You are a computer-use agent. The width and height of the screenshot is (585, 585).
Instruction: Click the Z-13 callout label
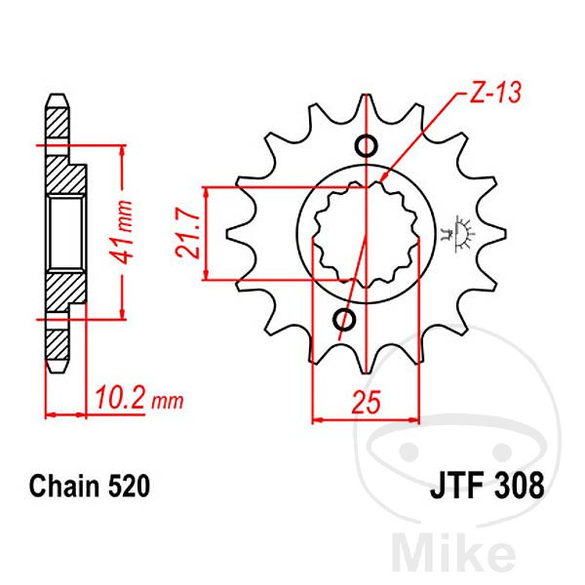pyautogui.click(x=494, y=92)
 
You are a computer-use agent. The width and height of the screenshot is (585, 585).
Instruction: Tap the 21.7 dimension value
pyautogui.click(x=189, y=234)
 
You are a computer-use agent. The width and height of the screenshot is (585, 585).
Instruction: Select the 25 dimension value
pyautogui.click(x=367, y=402)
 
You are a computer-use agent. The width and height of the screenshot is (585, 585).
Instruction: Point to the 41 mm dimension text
pyautogui.click(x=123, y=232)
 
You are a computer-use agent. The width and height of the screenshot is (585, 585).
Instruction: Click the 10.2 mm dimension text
pyautogui.click(x=139, y=399)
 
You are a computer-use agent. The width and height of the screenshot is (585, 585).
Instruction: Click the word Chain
pyautogui.click(x=65, y=487)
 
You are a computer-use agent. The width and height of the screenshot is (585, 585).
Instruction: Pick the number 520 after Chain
pyautogui.click(x=130, y=487)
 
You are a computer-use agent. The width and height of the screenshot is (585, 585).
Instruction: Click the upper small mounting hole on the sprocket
pyautogui.click(x=366, y=145)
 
